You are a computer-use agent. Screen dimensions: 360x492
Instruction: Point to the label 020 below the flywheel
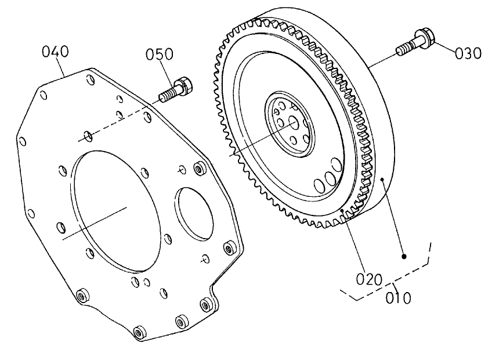click(x=369, y=279)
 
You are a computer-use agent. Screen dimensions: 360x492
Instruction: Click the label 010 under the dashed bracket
click(x=399, y=298)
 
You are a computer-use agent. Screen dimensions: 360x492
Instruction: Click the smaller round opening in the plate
click(x=196, y=211)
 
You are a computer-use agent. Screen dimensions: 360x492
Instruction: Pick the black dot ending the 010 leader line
click(x=404, y=255)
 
